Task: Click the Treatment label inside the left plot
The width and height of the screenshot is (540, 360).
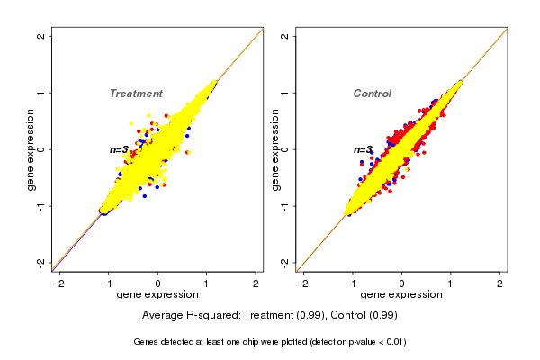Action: tap(136, 94)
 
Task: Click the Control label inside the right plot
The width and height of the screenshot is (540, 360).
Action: tap(373, 94)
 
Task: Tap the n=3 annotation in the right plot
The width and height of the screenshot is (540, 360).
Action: tap(363, 150)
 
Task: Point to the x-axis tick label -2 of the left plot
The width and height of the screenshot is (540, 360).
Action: tap(59, 283)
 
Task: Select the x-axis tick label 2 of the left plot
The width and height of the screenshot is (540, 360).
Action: tap(256, 283)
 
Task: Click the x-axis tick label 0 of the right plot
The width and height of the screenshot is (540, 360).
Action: tap(402, 283)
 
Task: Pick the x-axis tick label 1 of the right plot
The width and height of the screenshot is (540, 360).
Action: tap(451, 283)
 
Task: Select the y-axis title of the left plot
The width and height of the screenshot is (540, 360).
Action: tap(31, 149)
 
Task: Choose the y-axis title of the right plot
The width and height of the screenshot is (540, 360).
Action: tap(274, 149)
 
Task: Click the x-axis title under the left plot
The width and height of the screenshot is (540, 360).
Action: tap(157, 295)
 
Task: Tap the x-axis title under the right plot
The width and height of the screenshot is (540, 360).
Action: tap(401, 295)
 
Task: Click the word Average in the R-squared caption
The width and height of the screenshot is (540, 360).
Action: tap(163, 316)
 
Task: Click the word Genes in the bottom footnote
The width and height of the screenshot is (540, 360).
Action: tap(147, 342)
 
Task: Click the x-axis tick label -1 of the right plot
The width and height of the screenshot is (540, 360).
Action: tap(352, 283)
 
